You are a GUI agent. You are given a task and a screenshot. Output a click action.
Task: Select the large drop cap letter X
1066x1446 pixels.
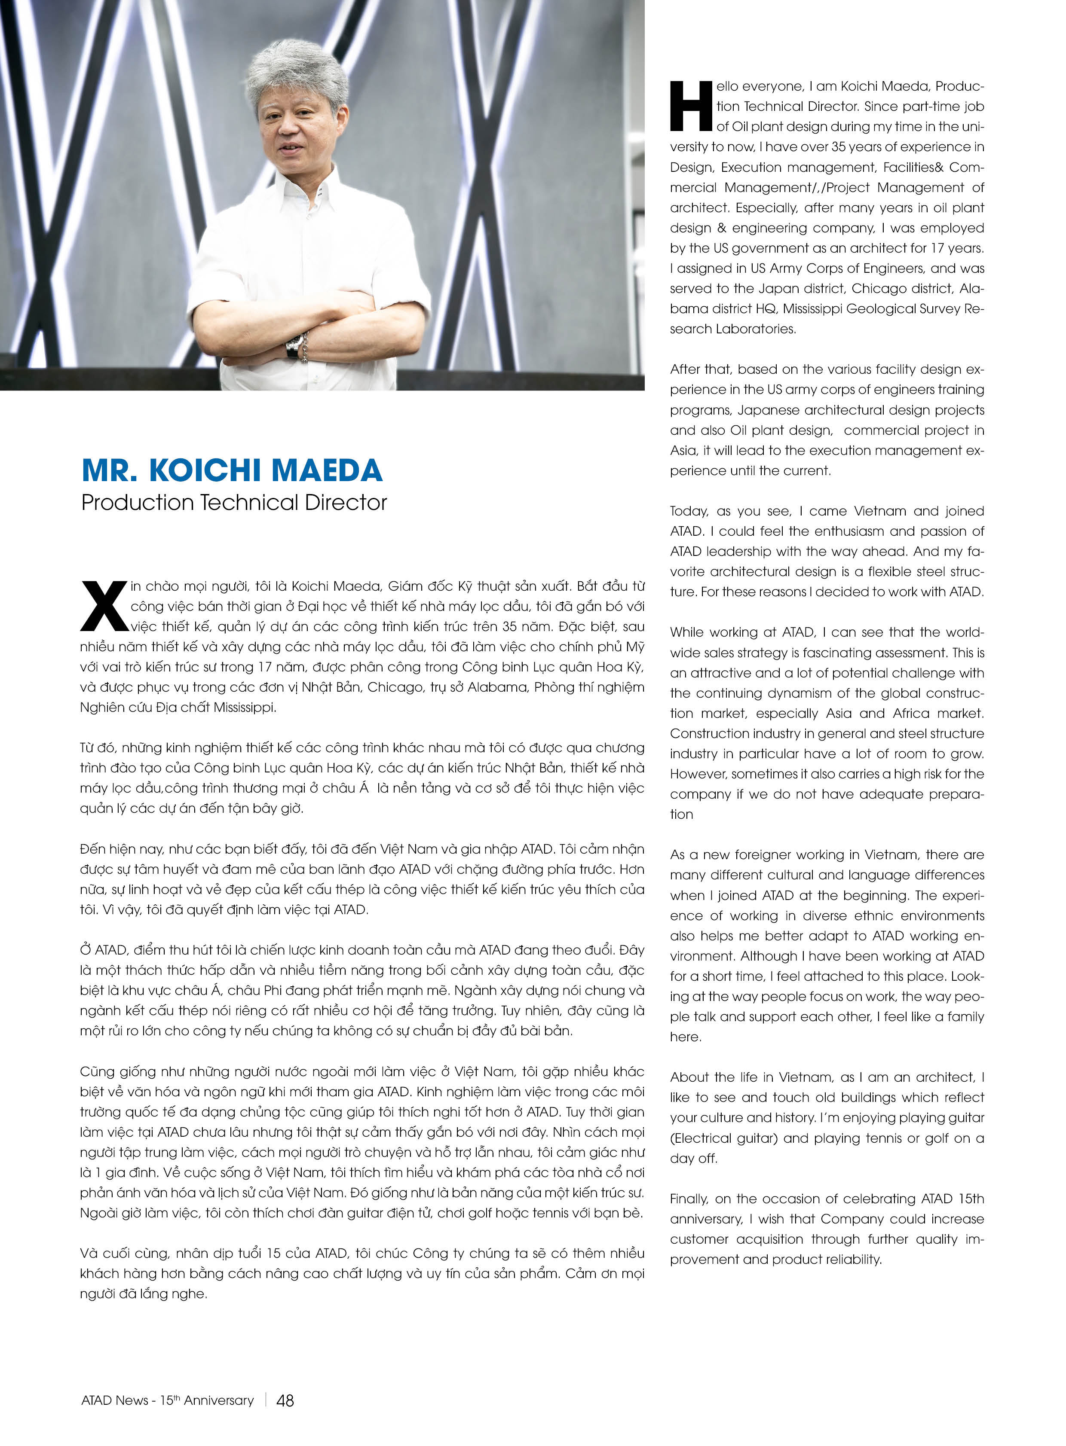coord(103,606)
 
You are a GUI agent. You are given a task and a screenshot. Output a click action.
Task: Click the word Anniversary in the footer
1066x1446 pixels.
coord(219,1400)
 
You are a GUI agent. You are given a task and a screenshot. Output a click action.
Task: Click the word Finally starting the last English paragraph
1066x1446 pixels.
coord(689,1198)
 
